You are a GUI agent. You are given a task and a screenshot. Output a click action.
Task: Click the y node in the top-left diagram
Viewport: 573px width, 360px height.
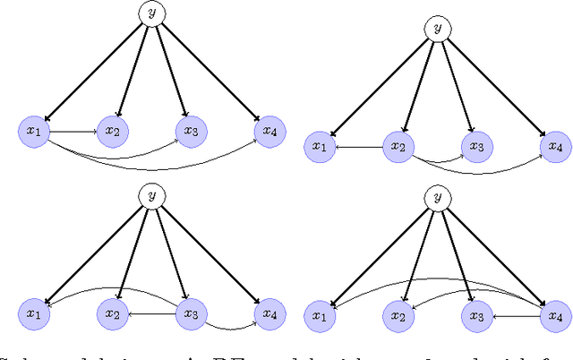[x=150, y=13]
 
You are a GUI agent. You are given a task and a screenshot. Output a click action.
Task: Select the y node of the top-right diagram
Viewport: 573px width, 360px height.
[x=437, y=28]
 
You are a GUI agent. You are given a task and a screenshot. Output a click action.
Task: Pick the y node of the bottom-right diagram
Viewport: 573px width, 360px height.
[x=437, y=196]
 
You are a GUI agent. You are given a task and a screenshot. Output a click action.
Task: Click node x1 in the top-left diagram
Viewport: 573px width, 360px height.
[x=34, y=132]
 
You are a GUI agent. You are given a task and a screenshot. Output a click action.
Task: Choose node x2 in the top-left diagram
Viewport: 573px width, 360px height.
[x=113, y=132]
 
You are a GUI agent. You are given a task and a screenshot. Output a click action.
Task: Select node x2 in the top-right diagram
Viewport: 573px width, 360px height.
[x=398, y=146]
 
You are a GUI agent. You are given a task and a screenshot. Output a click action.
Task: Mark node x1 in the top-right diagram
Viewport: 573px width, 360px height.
[x=319, y=146]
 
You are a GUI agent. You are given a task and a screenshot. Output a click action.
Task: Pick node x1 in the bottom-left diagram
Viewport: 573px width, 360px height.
[x=34, y=314]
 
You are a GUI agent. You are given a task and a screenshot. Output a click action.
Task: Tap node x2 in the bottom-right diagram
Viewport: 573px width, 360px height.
[x=398, y=314]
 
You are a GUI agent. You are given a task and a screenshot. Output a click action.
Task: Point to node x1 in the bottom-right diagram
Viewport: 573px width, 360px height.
[x=319, y=314]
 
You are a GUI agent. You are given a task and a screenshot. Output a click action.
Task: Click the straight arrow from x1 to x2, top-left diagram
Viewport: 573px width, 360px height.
[x=73, y=132]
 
